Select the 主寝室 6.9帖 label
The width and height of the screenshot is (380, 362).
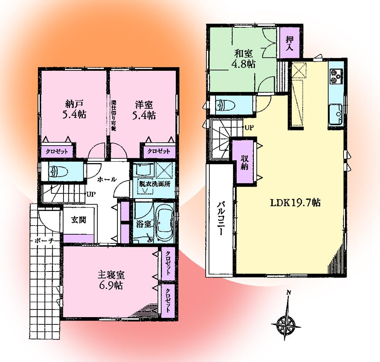[x=111, y=280]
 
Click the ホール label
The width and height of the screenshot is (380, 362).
[x=106, y=179]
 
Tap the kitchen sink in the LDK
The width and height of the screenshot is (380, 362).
[x=336, y=113]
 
